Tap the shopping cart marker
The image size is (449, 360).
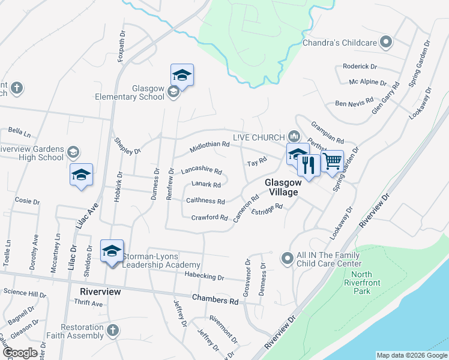pyautogui.click(x=332, y=161)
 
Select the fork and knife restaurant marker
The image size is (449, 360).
pyautogui.click(x=309, y=165)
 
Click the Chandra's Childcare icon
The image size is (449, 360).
pyautogui.click(x=387, y=43)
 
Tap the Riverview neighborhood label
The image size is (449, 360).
pyautogui.click(x=100, y=292)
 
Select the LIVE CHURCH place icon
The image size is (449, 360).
pyautogui.click(x=294, y=134)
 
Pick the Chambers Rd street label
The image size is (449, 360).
pyautogui.click(x=215, y=299)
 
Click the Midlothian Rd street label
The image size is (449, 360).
pyautogui.click(x=209, y=145)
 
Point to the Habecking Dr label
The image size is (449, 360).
pyautogui.click(x=204, y=278)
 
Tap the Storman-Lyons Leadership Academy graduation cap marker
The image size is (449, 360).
pyautogui.click(x=112, y=251)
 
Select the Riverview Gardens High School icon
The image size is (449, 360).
pyautogui.click(x=73, y=151)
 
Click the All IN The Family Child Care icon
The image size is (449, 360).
pyautogui.click(x=288, y=259)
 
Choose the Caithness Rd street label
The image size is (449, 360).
pyautogui.click(x=205, y=202)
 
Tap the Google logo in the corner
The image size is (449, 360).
pyautogui.click(x=20, y=353)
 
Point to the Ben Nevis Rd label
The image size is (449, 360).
pyautogui.click(x=354, y=103)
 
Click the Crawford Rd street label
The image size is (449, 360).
pyautogui.click(x=209, y=217)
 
